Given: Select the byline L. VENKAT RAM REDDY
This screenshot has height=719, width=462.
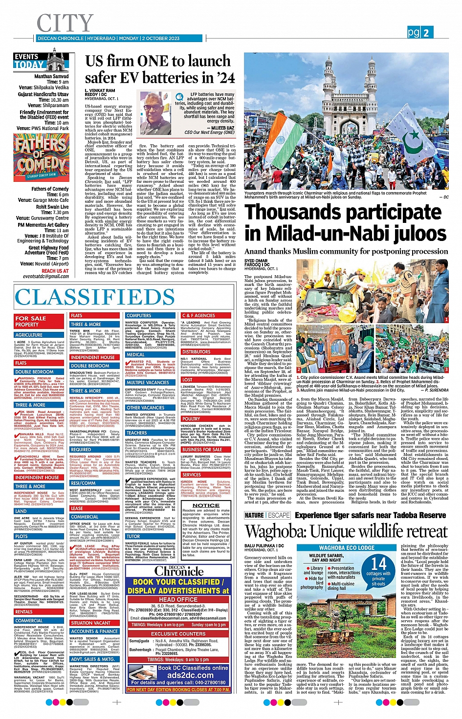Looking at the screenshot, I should click(x=100, y=92).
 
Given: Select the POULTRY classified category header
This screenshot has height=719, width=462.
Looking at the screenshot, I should click(x=191, y=418).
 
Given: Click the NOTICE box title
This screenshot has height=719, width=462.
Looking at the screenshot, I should click(x=206, y=505).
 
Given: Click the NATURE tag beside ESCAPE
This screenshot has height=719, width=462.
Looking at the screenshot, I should click(x=254, y=515).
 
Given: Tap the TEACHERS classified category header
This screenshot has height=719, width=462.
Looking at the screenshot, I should click(x=136, y=433).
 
